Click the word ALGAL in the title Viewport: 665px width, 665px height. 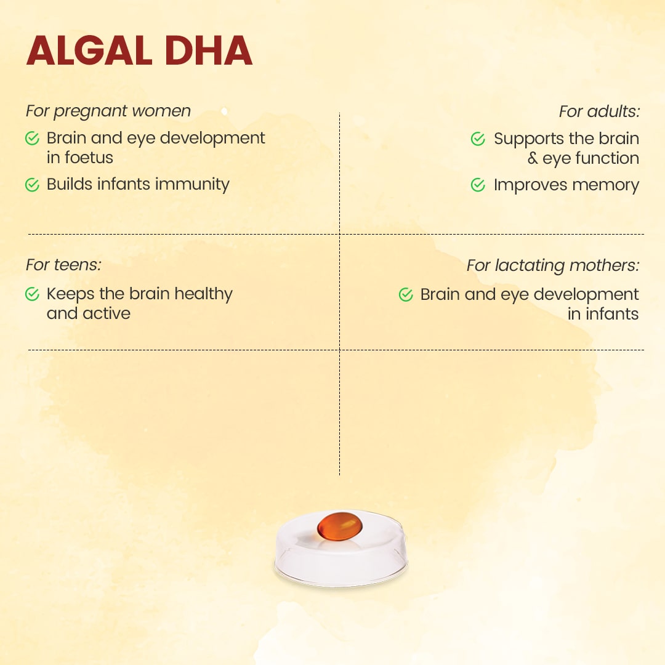(x=89, y=51)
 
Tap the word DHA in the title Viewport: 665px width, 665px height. (x=209, y=51)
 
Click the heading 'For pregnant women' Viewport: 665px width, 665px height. (x=108, y=111)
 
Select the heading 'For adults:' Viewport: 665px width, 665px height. (x=599, y=111)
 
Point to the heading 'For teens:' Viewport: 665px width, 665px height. (x=63, y=265)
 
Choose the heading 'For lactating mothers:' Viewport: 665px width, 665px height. (x=552, y=265)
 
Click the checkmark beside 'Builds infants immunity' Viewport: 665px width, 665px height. (x=32, y=185)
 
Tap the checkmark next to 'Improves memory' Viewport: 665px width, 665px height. (x=478, y=185)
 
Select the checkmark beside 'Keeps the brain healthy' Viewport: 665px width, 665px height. (x=32, y=294)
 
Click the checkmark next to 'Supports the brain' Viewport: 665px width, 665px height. (x=478, y=139)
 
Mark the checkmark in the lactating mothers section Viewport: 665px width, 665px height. (x=406, y=295)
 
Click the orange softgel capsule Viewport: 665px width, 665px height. (x=340, y=526)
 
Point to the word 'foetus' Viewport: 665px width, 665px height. (x=89, y=158)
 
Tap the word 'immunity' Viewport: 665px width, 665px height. (x=192, y=185)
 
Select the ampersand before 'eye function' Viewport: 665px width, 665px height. (x=533, y=158)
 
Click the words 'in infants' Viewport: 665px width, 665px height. (x=603, y=314)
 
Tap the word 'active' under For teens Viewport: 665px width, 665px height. (x=107, y=314)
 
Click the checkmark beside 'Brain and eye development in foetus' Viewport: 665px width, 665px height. (x=32, y=139)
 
